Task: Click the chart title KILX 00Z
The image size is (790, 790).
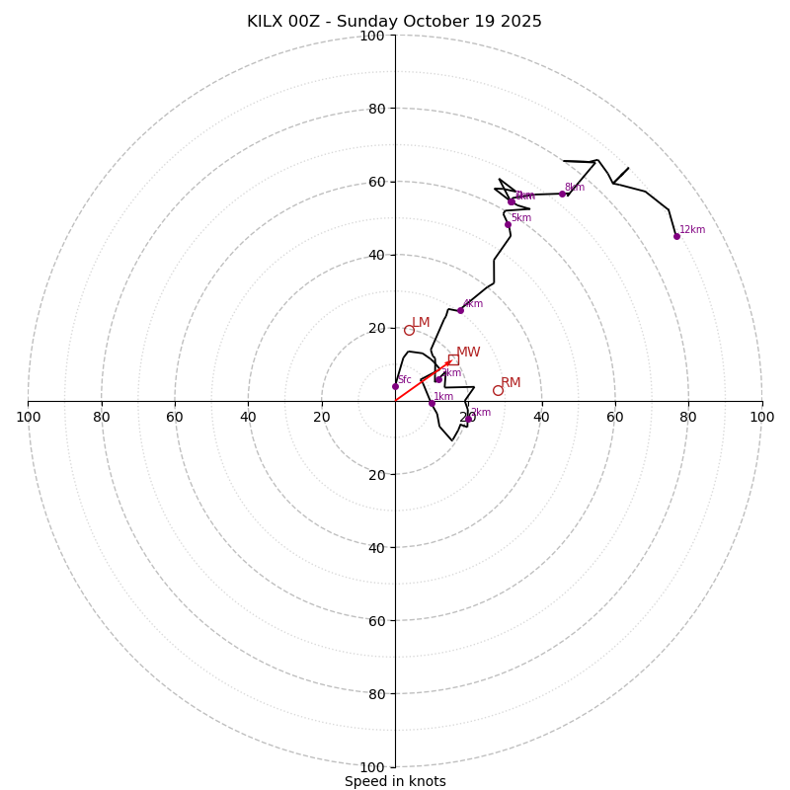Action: click(x=394, y=22)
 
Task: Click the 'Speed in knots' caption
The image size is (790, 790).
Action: click(x=395, y=781)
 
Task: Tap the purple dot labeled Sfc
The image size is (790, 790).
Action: click(x=395, y=386)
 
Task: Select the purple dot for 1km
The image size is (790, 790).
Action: click(x=432, y=403)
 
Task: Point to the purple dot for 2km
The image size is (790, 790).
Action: click(x=468, y=418)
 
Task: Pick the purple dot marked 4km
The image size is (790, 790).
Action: click(x=460, y=310)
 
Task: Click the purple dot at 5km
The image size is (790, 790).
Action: click(x=508, y=224)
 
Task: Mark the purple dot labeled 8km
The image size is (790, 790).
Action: click(x=562, y=194)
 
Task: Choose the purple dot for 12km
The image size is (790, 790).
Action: click(x=676, y=236)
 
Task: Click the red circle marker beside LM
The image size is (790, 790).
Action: click(x=409, y=330)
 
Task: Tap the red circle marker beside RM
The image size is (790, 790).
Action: click(x=498, y=390)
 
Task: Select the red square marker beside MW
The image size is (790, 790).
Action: click(x=453, y=359)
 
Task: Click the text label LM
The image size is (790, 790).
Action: click(x=421, y=323)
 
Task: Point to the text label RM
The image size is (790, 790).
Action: click(x=511, y=383)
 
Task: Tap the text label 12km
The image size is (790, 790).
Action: click(x=692, y=230)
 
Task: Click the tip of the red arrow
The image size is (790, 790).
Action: click(x=452, y=361)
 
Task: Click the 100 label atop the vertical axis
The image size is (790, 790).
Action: click(x=372, y=37)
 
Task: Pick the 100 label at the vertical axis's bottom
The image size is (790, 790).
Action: click(x=372, y=766)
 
